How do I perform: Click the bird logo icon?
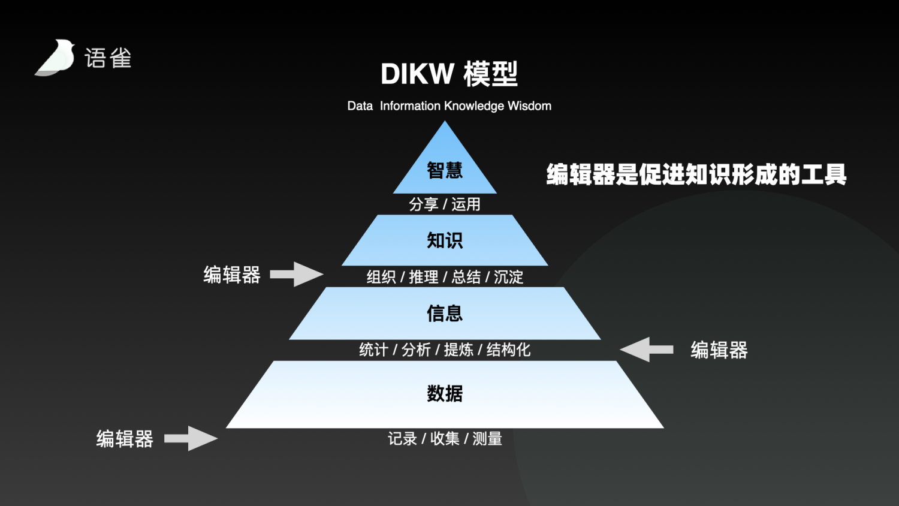55,58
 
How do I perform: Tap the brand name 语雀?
108,58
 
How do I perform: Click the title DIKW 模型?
449,74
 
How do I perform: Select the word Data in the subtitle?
360,106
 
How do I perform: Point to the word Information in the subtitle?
410,106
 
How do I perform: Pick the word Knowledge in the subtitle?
474,106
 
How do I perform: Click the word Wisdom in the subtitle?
529,106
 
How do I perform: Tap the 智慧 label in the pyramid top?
445,170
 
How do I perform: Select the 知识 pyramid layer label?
445,240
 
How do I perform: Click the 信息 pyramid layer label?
445,313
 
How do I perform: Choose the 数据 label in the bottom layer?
445,393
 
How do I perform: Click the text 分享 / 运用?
445,204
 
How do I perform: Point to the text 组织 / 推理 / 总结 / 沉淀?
445,277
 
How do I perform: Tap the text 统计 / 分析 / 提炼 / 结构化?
445,350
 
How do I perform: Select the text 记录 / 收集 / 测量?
445,439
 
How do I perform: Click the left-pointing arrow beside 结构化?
646,350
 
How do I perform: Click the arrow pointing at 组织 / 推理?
297,275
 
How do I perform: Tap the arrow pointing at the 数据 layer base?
191,438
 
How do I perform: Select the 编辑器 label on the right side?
719,350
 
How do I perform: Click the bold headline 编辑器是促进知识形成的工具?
696,174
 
